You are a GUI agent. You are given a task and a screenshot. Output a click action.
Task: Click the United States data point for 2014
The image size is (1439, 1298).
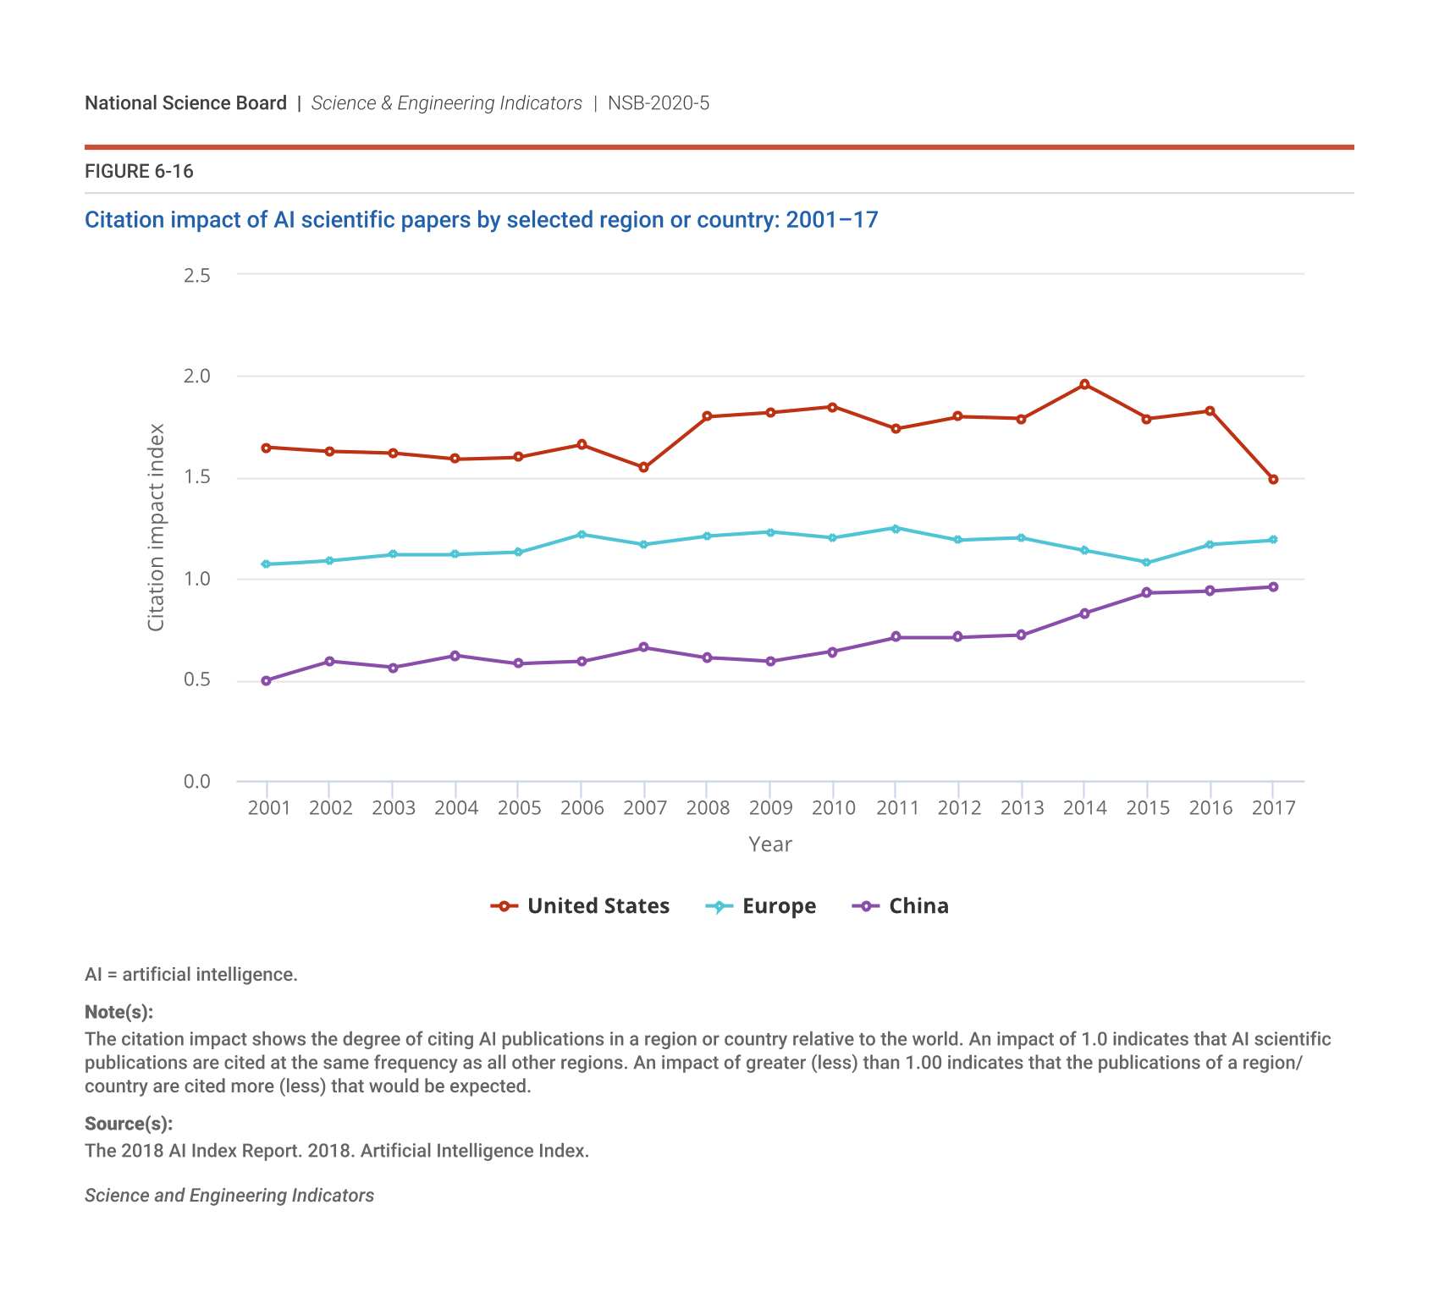[1084, 384]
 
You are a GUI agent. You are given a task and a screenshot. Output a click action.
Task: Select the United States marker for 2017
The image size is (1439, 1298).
[1273, 480]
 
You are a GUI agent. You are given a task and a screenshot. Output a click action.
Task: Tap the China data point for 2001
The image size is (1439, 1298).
[267, 680]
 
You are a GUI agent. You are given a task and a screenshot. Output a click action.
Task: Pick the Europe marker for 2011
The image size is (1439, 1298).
[896, 528]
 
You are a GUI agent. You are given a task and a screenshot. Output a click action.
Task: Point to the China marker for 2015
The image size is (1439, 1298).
[1147, 592]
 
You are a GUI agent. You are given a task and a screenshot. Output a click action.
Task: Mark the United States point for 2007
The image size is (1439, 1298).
[644, 467]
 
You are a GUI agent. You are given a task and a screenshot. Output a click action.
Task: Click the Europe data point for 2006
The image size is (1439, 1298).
[582, 534]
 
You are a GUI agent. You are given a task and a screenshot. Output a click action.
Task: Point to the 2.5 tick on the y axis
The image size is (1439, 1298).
[197, 275]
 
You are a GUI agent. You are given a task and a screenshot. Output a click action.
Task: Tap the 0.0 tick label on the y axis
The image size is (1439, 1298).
[197, 781]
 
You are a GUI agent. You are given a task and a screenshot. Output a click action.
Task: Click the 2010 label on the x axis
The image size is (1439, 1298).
[834, 808]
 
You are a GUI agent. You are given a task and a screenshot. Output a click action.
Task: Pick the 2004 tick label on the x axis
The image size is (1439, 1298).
[456, 808]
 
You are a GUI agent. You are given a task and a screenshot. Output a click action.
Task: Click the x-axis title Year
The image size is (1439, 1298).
[770, 844]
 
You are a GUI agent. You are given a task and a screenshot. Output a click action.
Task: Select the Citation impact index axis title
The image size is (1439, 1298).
[156, 527]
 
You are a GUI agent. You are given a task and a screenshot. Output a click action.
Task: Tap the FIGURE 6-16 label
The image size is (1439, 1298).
[139, 172]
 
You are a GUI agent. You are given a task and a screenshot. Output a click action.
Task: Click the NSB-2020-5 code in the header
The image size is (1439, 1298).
[659, 103]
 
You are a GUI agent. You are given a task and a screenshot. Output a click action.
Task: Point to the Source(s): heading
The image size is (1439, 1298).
[129, 1124]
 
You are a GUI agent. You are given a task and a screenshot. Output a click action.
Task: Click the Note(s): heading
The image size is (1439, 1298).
[119, 1012]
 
